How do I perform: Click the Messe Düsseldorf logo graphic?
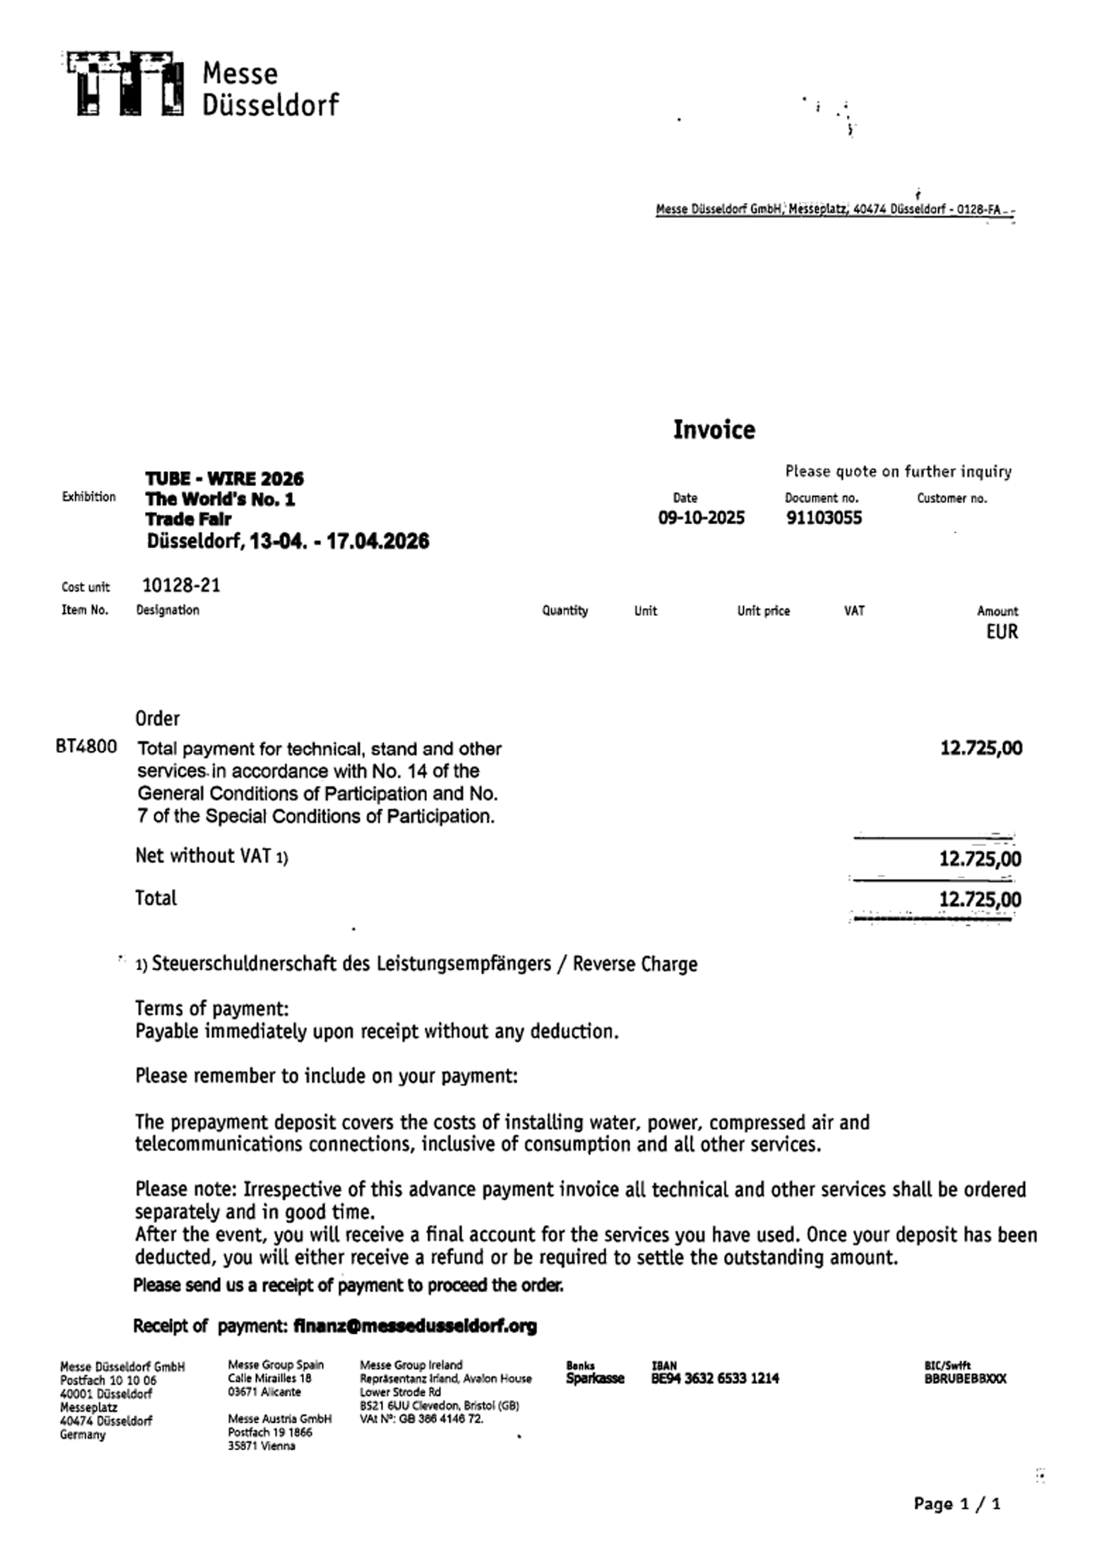click(123, 83)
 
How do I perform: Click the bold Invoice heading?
click(713, 430)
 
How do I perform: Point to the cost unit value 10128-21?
click(181, 585)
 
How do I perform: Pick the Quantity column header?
click(564, 611)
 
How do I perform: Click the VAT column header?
click(854, 611)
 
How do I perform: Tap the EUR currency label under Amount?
click(1001, 632)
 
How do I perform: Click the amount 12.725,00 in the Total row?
click(979, 900)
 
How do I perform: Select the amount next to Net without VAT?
click(979, 859)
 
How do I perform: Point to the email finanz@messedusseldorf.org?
click(414, 1326)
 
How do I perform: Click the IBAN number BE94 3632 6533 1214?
click(715, 1378)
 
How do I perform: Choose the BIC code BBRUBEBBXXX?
click(964, 1378)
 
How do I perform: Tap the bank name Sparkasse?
click(594, 1378)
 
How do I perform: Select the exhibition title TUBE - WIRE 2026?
click(224, 479)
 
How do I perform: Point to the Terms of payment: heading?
click(211, 1008)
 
